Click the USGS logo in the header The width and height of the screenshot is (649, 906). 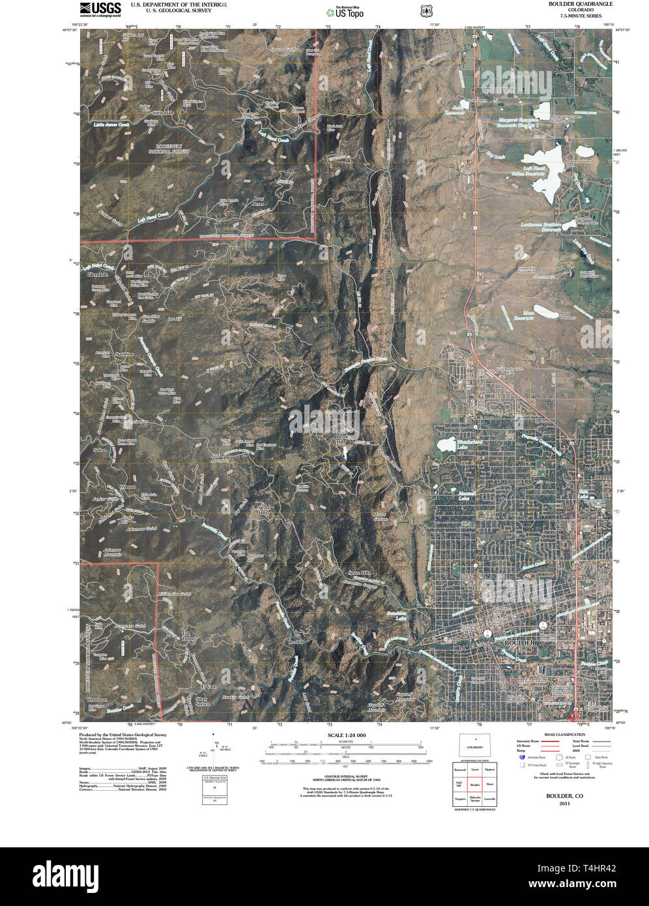pos(100,8)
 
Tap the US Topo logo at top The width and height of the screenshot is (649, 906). pos(345,11)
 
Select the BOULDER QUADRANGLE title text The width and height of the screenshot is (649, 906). pos(579,4)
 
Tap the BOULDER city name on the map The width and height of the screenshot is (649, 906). pos(519,643)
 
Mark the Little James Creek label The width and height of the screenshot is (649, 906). pos(111,124)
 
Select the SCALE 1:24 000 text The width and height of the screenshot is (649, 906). pos(343,735)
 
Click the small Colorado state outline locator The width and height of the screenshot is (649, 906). pos(475,747)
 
